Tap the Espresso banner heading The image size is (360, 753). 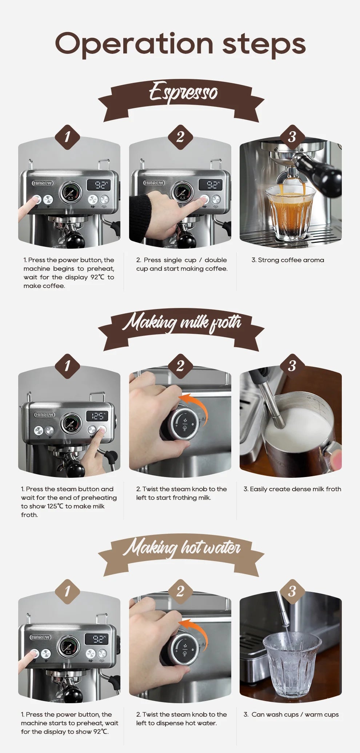tap(183, 92)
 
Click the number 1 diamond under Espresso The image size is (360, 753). tap(67, 137)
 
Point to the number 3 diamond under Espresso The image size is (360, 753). tap(292, 137)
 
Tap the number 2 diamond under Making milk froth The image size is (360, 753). tap(180, 366)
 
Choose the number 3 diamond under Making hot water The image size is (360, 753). tap(292, 592)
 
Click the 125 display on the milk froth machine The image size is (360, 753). tap(97, 416)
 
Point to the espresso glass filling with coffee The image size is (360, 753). tap(290, 213)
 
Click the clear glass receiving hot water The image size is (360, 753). tap(292, 665)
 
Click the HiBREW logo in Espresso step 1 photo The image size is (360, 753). tap(43, 183)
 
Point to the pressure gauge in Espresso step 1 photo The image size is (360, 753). tap(70, 192)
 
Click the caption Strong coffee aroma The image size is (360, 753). tap(288, 260)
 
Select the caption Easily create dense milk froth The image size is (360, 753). tap(292, 489)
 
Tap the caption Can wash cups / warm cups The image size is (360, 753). tap(291, 714)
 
